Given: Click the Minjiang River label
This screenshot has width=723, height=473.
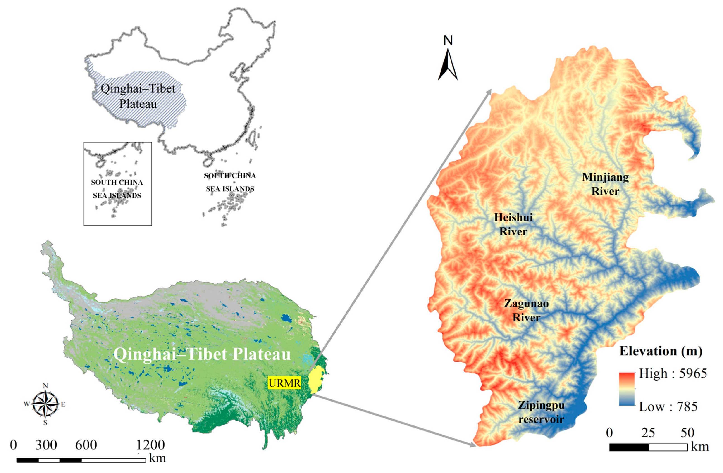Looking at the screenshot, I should pos(605,184).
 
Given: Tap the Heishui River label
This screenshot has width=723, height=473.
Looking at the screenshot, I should pos(513,224).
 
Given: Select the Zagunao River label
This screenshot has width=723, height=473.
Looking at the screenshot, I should pos(526,310).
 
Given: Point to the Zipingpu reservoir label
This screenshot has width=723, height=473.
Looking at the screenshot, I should pos(541,412).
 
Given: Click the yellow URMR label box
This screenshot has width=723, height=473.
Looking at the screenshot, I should pos(284,383).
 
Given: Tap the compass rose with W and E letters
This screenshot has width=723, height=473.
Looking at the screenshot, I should pos(45,404).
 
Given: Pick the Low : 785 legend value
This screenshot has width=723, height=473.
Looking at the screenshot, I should pos(668,406).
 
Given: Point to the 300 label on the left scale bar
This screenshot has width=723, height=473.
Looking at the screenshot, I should pos(46,445).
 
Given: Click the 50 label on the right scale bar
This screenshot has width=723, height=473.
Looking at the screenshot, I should pos(687,433).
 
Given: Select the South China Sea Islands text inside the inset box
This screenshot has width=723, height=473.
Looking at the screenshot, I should pos(117,189).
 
